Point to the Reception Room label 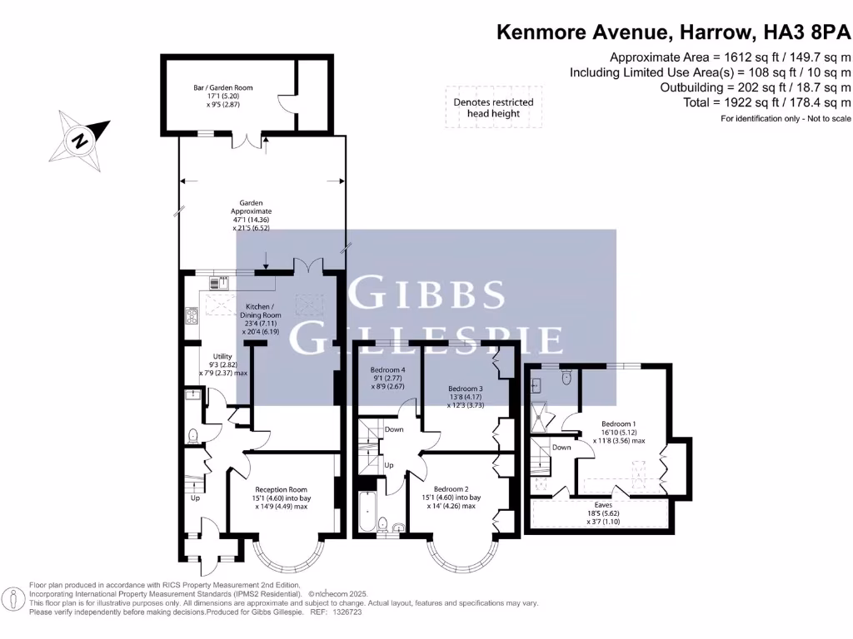[281, 489]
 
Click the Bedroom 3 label [465, 389]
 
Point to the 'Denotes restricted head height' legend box [492, 107]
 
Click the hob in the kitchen [191, 315]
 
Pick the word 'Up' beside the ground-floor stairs [195, 498]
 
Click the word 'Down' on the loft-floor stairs [561, 448]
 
